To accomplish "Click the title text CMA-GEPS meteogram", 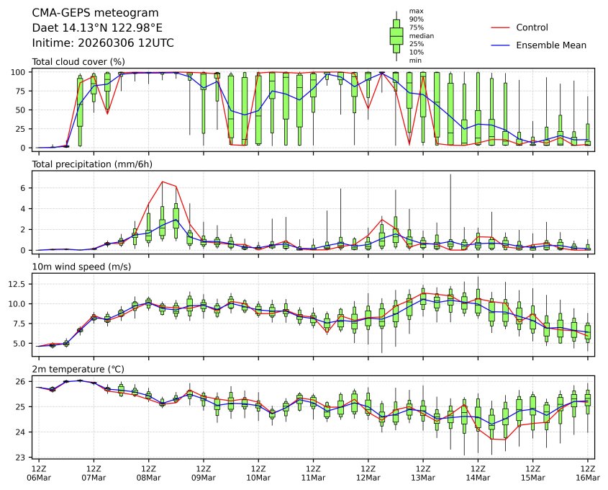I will [91, 13].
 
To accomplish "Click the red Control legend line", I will [501, 27].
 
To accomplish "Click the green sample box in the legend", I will [396, 35].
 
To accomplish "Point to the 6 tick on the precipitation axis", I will [24, 188].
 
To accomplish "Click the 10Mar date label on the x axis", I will [258, 478].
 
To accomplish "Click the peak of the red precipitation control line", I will [162, 182].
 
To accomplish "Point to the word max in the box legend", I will [415, 12].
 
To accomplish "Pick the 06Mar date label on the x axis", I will [39, 478].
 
